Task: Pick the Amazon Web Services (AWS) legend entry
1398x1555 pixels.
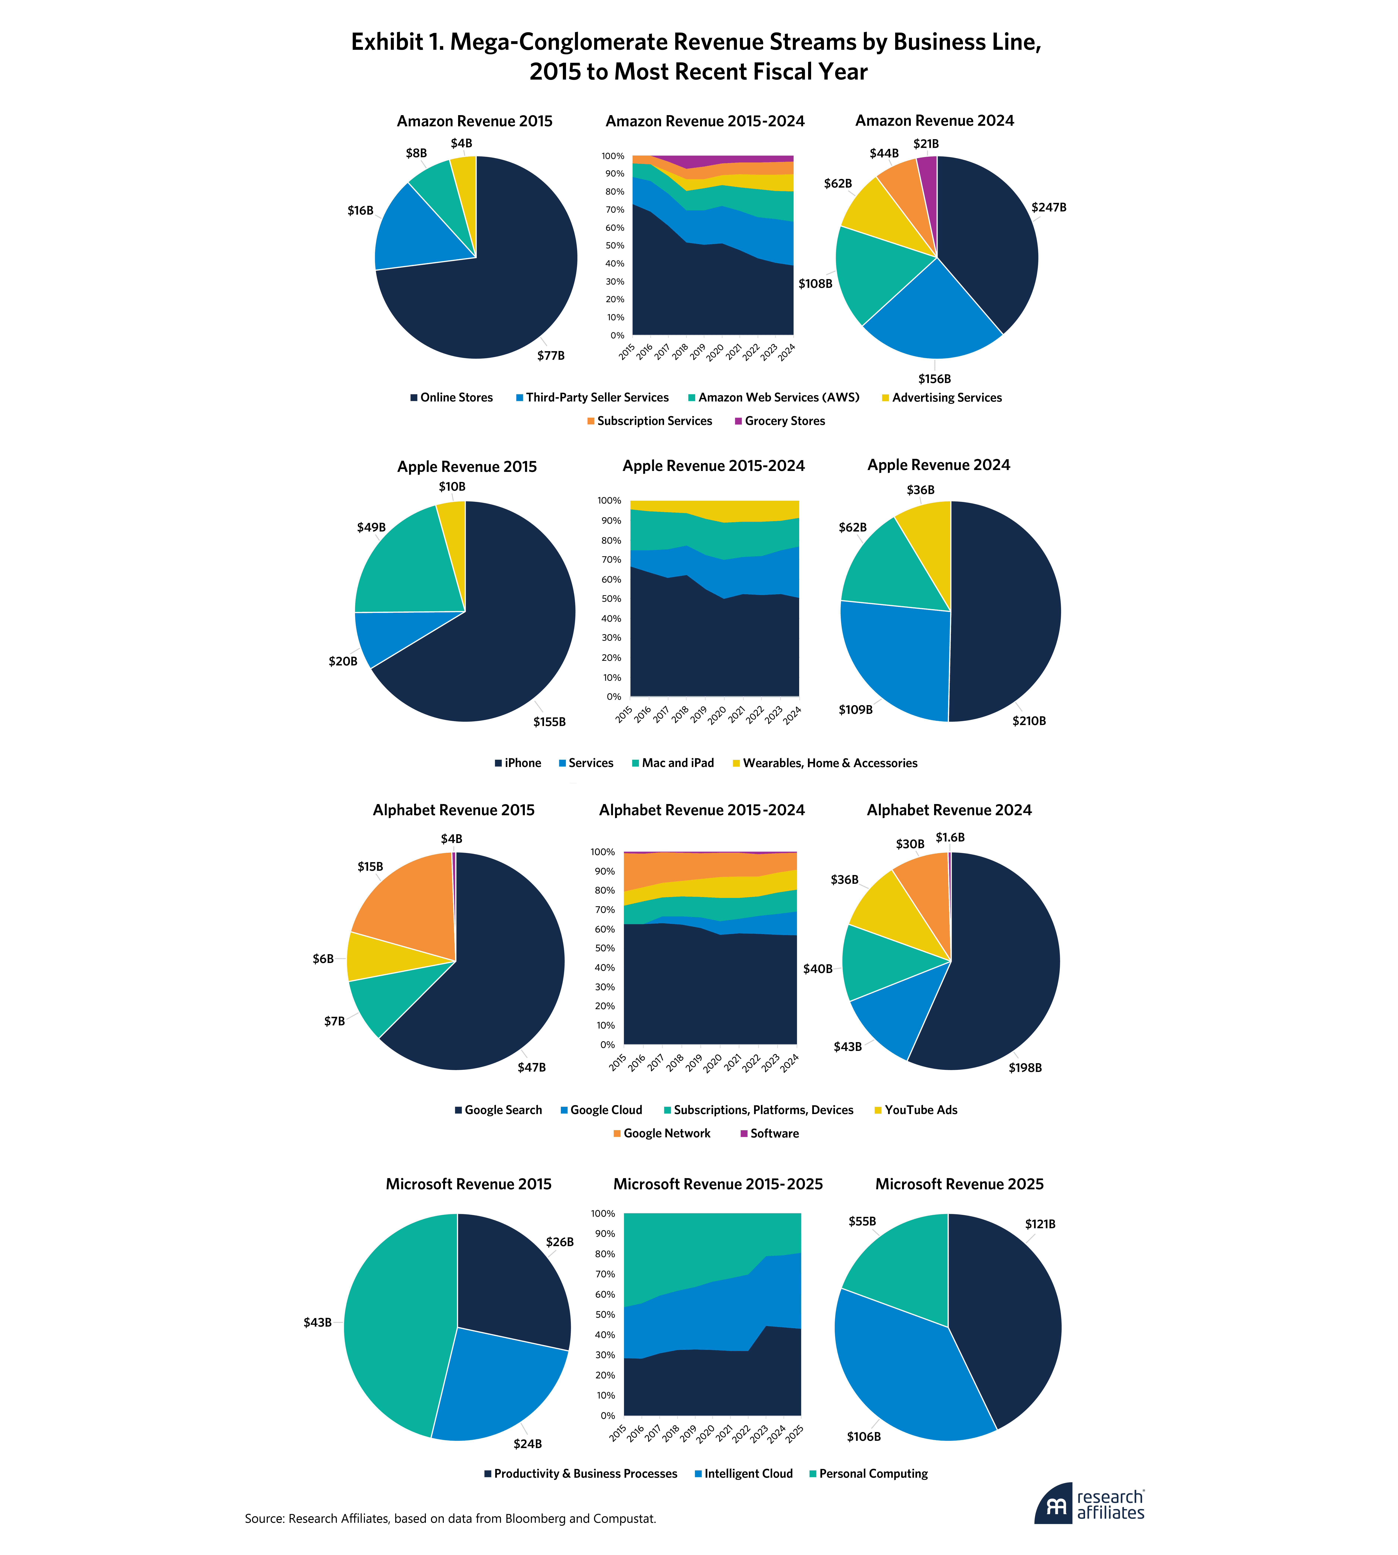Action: (778, 398)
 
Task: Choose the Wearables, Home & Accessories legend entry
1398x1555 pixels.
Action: (830, 763)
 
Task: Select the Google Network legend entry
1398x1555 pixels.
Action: (667, 1133)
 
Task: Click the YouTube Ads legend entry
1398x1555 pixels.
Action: (920, 1110)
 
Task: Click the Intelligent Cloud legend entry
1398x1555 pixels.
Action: (748, 1474)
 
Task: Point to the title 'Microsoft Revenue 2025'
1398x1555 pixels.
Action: (959, 1184)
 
